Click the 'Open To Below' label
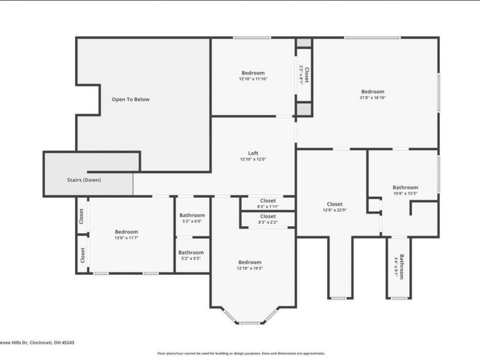[131, 100]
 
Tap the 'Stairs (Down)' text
[83, 180]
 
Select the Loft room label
[253, 153]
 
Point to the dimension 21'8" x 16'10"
[373, 97]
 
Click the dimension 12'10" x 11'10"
[253, 79]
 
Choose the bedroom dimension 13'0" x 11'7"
[127, 238]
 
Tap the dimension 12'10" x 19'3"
[250, 268]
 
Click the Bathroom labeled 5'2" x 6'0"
[191, 221]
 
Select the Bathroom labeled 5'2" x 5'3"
[191, 259]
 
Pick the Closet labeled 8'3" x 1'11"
[268, 206]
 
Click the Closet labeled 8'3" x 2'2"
[268, 222]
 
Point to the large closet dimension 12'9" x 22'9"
[335, 210]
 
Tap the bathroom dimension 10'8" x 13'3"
[405, 193]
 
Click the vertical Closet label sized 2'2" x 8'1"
[305, 74]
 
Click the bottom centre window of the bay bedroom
[249, 323]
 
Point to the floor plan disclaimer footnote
[241, 353]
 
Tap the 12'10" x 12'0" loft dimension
[253, 159]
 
